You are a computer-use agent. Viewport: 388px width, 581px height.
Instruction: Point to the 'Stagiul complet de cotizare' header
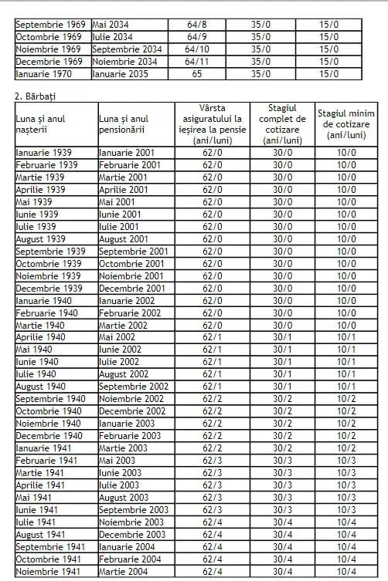pos(282,123)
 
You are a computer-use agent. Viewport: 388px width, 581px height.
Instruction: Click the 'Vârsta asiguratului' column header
pos(212,123)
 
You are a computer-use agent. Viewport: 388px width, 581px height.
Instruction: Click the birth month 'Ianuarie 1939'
pos(47,153)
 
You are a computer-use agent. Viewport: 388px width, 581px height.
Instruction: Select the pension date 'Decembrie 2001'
pos(133,288)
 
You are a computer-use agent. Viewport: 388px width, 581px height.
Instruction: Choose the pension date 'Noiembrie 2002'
pos(132,399)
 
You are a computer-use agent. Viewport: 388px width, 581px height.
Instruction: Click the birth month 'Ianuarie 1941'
pos(47,448)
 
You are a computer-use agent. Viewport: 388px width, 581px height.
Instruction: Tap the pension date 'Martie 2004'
pos(123,572)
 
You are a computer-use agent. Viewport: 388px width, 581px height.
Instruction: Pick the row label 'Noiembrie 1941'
pos(50,572)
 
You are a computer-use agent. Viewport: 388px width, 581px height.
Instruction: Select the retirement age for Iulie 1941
pos(212,522)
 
